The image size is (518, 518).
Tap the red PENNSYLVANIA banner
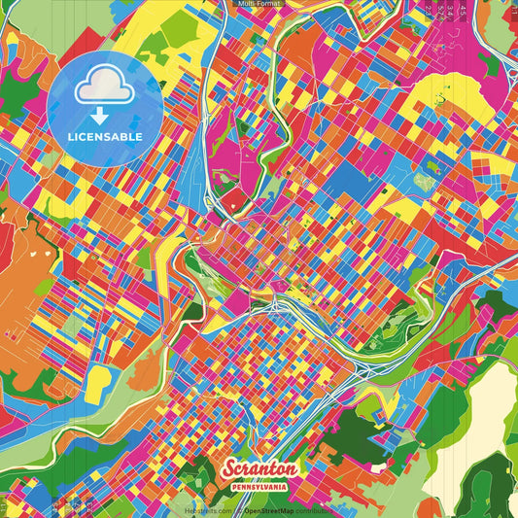tap(258, 484)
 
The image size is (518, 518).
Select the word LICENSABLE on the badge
tap(105, 136)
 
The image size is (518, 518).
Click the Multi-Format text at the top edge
tap(259, 4)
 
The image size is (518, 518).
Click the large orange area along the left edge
tap(24, 292)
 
